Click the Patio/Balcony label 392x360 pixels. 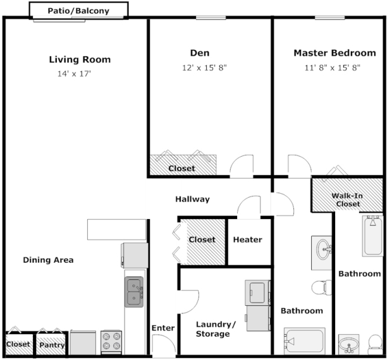point(78,11)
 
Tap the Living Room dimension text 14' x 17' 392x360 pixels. point(74,74)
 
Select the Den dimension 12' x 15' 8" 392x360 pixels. point(204,68)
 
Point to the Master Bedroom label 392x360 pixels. point(334,53)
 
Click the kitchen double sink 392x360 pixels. point(134,292)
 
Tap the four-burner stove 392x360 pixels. point(111,342)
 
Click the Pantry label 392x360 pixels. point(52,345)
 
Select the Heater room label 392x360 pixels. point(248,239)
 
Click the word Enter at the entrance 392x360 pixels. point(163,328)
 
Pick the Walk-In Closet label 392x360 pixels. point(348,200)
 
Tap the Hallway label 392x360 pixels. point(192,199)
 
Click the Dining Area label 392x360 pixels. point(48,260)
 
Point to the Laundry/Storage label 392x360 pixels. point(216,329)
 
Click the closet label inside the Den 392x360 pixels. point(181,168)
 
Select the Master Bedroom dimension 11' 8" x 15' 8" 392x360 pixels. point(332,68)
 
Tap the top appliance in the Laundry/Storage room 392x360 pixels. point(258,292)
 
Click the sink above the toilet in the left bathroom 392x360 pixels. point(322,253)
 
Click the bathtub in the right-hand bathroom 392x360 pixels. point(372,236)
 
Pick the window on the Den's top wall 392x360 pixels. point(211,18)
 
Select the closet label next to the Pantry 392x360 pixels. point(18,344)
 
